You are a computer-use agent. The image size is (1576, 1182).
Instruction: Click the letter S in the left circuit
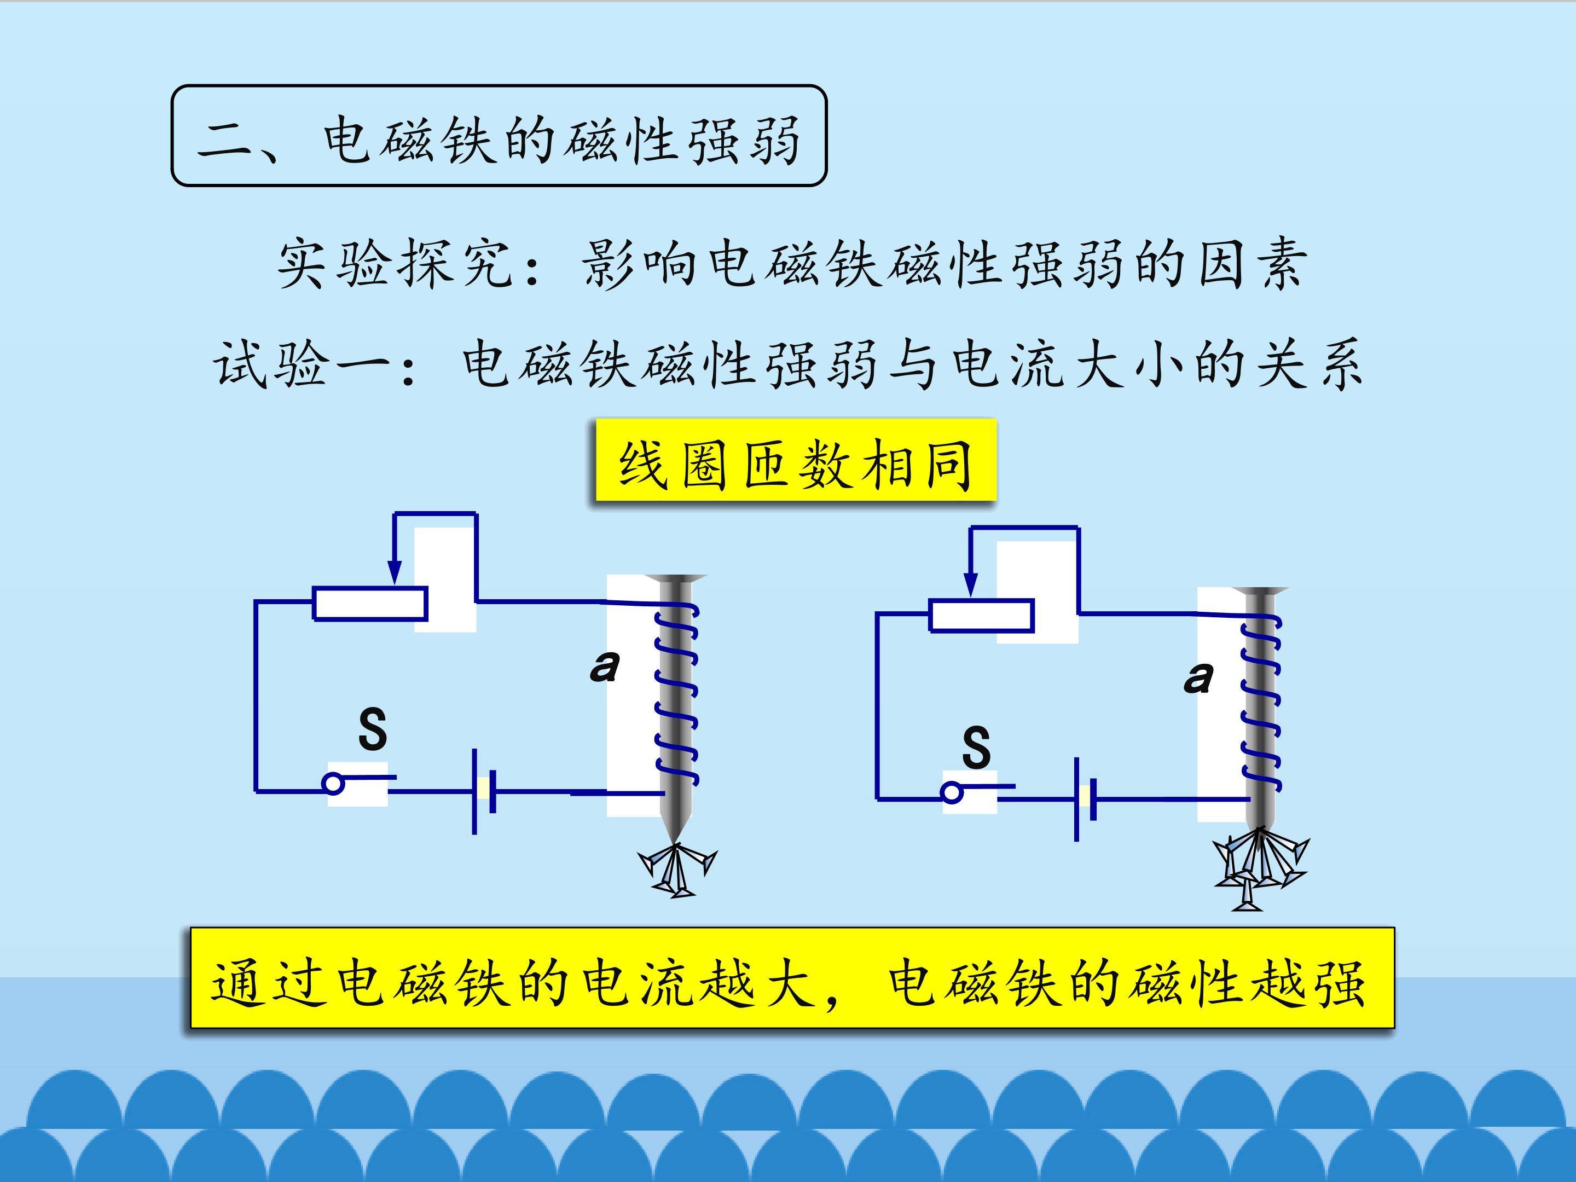pos(373,728)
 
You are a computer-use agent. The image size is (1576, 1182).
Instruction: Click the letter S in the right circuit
pos(976,746)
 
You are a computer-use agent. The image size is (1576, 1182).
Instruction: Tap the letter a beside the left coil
pos(605,666)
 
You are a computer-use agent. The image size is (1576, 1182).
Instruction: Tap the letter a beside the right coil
pos(1198,677)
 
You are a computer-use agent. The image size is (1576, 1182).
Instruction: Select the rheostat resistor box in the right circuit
pos(982,616)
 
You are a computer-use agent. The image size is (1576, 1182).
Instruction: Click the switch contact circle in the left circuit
pos(333,784)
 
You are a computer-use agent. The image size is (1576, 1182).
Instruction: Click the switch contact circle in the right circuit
pos(952,793)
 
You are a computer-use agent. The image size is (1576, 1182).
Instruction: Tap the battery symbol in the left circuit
pos(484,791)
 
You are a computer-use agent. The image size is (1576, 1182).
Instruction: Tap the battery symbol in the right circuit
pos(1085,799)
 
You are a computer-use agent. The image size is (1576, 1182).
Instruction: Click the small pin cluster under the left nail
pos(676,869)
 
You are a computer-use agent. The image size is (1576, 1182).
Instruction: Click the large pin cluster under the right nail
pos(1260,868)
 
